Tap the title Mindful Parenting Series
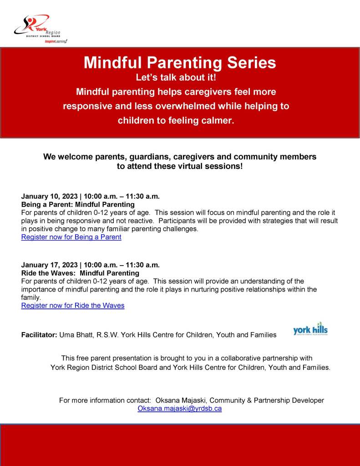click(x=180, y=62)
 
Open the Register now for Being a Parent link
click(x=71, y=237)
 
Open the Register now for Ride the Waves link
click(x=72, y=306)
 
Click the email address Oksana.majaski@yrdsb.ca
click(x=180, y=409)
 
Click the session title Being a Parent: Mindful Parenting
click(x=78, y=205)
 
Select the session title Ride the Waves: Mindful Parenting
click(x=80, y=273)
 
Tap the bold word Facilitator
click(x=39, y=335)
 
